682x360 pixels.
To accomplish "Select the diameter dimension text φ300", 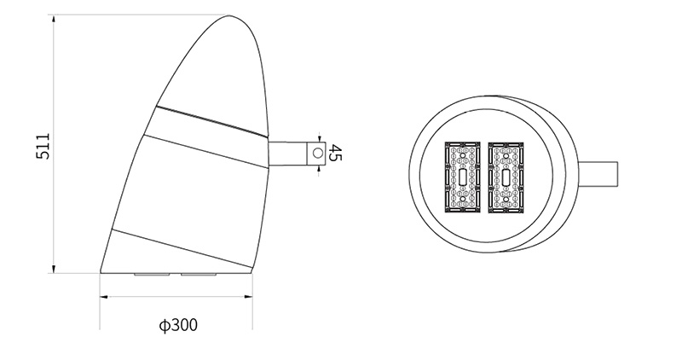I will (177, 325).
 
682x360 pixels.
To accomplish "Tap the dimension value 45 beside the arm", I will (335, 154).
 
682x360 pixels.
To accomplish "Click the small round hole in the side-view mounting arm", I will (317, 154).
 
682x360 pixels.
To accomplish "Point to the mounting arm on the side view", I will (290, 154).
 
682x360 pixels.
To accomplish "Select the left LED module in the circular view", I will (462, 176).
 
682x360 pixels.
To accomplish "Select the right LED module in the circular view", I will (507, 176).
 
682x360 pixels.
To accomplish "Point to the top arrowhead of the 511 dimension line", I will (54, 18).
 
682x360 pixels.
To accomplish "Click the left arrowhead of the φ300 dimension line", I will (104, 297).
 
